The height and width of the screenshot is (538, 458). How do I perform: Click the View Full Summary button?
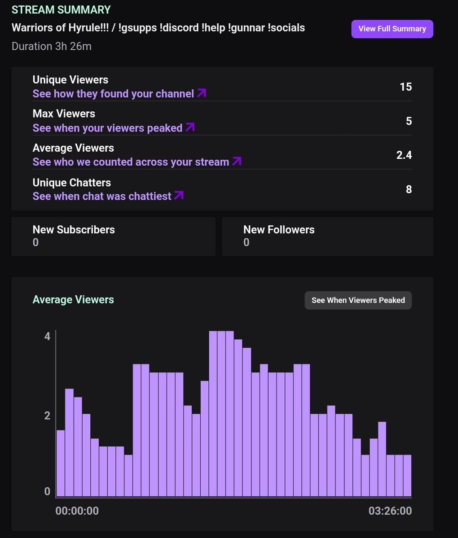(x=392, y=29)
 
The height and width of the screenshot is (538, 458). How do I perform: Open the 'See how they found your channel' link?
(x=119, y=94)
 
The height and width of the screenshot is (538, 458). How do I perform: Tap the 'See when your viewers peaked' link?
(x=113, y=128)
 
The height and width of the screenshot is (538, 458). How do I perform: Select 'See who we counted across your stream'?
(x=137, y=162)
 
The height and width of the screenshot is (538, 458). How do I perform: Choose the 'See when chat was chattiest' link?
(x=108, y=196)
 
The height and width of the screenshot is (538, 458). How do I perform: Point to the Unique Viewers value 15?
(x=405, y=87)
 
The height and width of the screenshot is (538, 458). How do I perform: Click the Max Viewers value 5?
(x=409, y=121)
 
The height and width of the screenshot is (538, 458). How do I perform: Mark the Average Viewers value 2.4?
(x=404, y=155)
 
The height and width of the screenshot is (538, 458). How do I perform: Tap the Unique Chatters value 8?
(x=409, y=189)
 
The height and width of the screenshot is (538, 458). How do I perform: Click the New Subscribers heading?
(x=74, y=230)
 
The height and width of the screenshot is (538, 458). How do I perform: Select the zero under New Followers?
(x=246, y=243)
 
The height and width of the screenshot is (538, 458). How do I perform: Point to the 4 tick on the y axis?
(x=47, y=336)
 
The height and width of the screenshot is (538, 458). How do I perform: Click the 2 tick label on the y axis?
(x=47, y=416)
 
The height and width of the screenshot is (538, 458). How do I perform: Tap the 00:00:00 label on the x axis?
(x=77, y=511)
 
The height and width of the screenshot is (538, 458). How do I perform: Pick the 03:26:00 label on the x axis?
(x=390, y=511)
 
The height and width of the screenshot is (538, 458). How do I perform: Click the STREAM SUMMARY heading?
(x=61, y=10)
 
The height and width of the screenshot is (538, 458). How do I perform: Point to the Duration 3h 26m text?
(x=52, y=46)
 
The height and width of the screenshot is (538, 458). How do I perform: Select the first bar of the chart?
(x=61, y=463)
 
